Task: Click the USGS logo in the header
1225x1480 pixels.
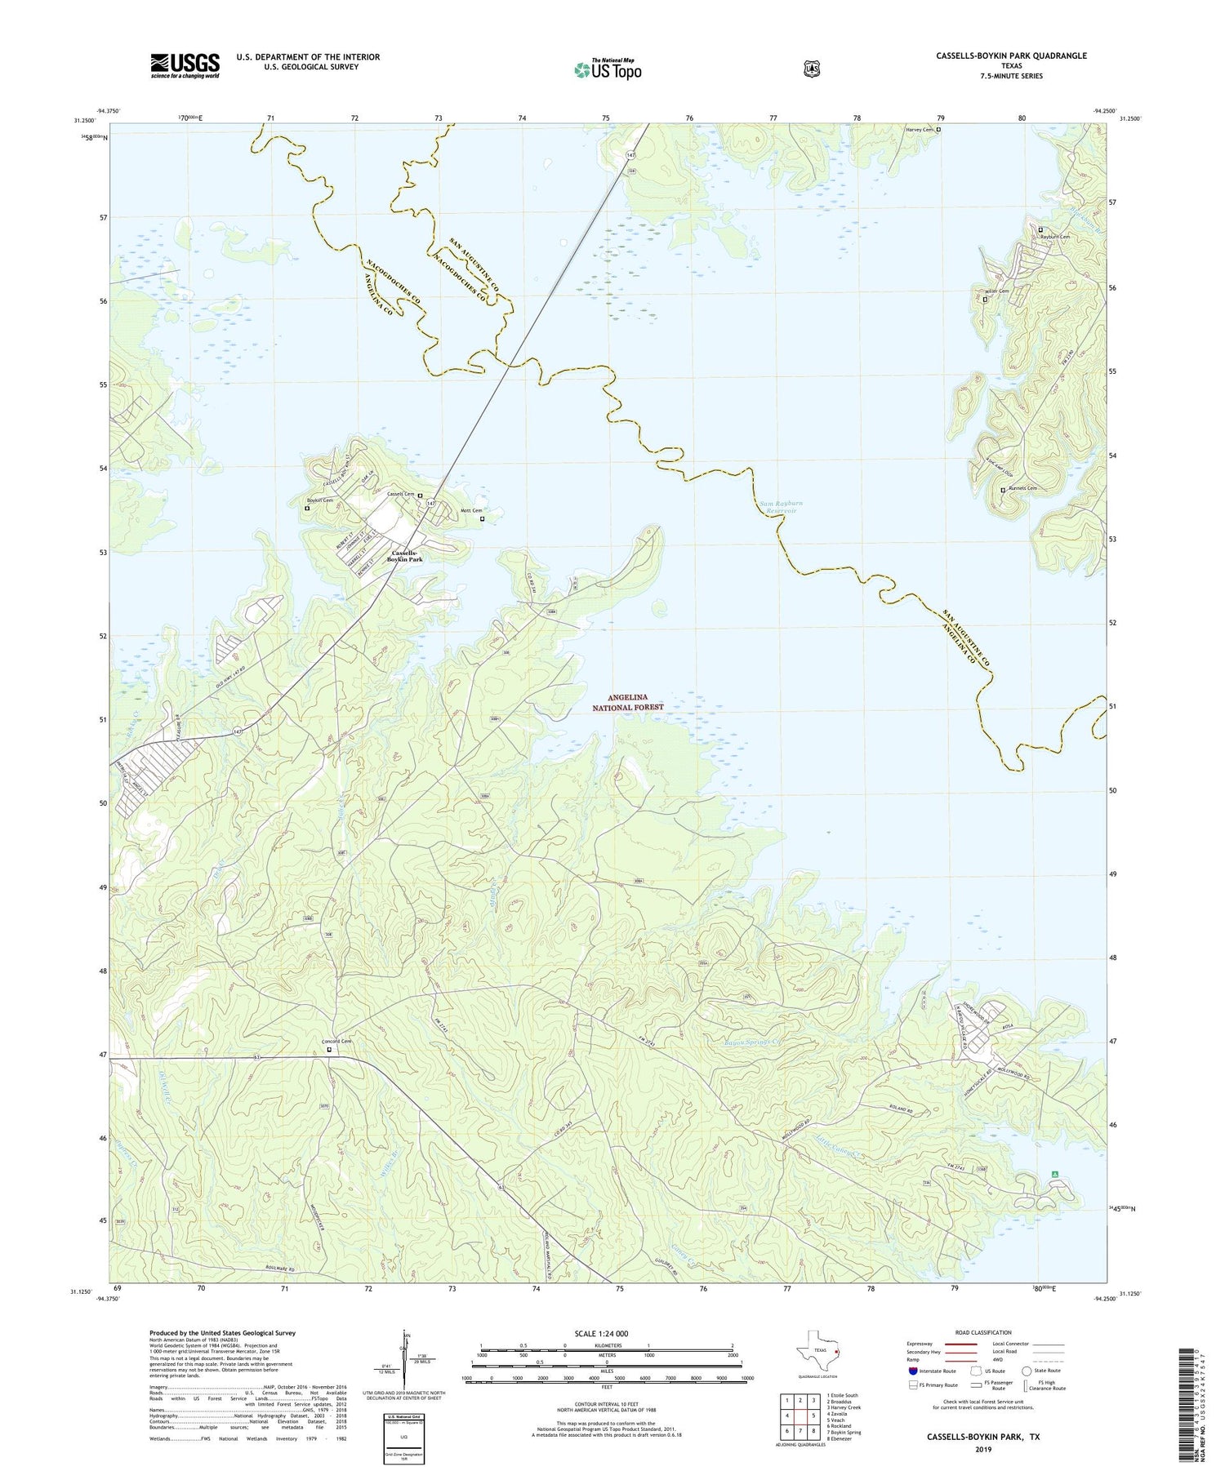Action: [185, 65]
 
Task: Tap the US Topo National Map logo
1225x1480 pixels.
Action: [608, 69]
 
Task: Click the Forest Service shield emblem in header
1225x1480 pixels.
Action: [811, 69]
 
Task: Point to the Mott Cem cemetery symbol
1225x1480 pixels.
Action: [482, 518]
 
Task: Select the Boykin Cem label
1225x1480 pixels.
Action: [319, 500]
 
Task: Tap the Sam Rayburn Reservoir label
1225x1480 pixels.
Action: [778, 508]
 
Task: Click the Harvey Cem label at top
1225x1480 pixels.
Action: [919, 129]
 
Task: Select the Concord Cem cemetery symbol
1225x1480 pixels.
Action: [330, 1050]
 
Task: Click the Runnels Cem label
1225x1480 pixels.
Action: [1022, 488]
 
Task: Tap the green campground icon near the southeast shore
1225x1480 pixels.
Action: [1055, 1174]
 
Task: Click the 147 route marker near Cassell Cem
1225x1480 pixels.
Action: [432, 504]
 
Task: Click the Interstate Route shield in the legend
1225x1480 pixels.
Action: [912, 1371]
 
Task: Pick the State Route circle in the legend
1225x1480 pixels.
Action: [1027, 1371]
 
